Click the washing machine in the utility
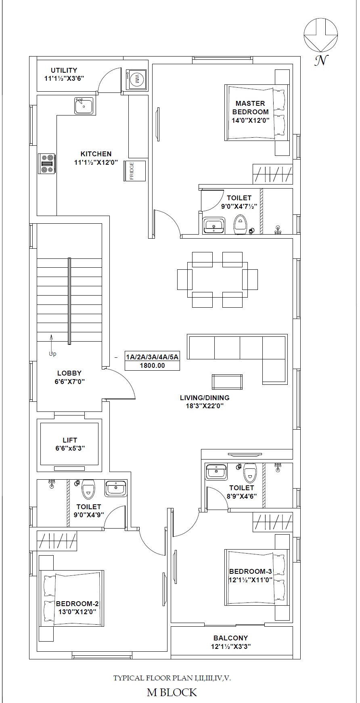136,79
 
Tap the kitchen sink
84,105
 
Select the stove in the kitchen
47,164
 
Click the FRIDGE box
134,170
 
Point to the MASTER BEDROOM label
250,108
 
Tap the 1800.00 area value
152,365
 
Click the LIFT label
70,440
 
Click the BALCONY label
231,638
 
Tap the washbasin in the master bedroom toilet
214,226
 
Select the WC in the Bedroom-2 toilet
88,489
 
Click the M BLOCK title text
172,693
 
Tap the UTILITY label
64,70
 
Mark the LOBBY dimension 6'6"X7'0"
69,381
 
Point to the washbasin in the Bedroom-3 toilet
216,472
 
